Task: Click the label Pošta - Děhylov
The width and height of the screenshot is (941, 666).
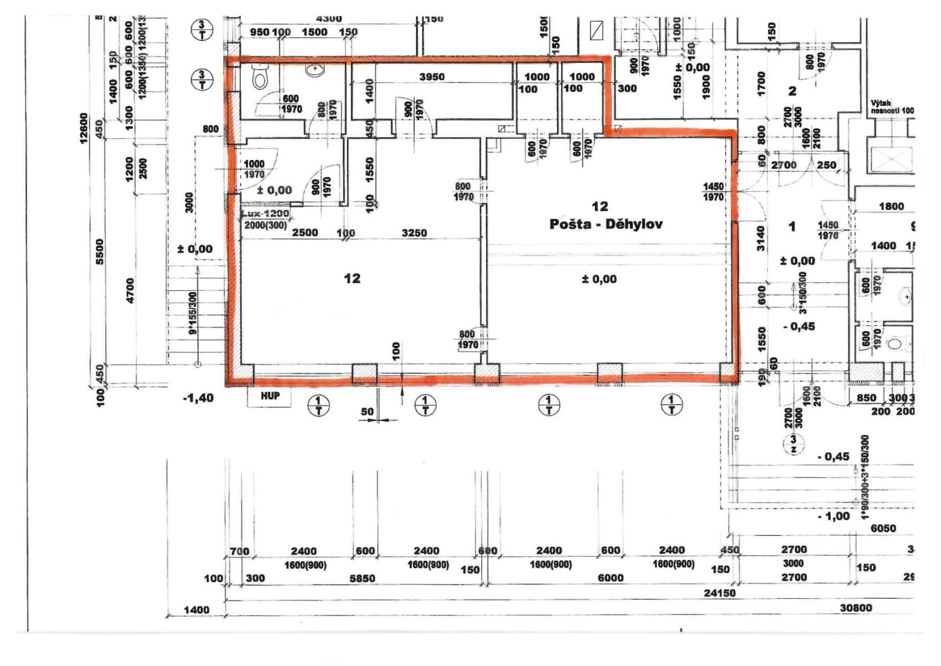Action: point(606,224)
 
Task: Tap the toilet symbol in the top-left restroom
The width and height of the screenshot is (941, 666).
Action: point(260,77)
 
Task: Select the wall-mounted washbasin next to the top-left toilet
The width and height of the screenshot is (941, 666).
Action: point(315,70)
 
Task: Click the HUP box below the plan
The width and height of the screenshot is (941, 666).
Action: point(270,396)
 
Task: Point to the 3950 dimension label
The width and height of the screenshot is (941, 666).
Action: point(431,77)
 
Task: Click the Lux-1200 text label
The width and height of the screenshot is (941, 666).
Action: point(266,214)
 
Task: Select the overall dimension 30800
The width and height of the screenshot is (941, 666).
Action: point(856,608)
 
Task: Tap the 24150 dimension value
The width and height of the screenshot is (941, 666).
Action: point(719,593)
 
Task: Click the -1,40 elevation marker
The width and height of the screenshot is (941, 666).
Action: point(198,398)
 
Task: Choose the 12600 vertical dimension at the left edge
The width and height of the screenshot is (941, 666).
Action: point(84,128)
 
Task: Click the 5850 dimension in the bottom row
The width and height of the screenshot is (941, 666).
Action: point(362,578)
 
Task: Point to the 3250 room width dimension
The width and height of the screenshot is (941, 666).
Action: point(414,233)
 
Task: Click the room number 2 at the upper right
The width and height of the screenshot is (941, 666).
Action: point(792,91)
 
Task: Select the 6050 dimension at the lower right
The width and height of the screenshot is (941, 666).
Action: point(883,528)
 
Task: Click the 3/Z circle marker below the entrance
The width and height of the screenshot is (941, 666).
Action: point(794,445)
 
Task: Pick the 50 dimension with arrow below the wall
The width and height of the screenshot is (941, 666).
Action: point(367,412)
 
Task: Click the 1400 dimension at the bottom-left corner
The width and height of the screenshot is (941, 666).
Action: point(196,610)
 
